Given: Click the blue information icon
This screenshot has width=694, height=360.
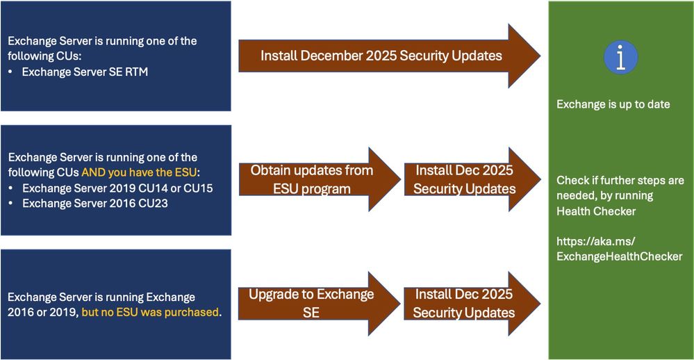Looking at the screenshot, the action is [x=620, y=57].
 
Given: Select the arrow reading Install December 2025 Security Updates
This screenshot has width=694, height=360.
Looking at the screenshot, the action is [x=390, y=56].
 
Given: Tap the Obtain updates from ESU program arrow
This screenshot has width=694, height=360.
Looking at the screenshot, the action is [x=320, y=179].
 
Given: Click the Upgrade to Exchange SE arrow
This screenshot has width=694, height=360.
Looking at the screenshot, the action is [x=320, y=303].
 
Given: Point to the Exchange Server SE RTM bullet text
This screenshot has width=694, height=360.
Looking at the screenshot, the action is [x=85, y=72].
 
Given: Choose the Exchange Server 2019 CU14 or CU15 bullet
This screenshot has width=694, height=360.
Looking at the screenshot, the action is [x=117, y=188].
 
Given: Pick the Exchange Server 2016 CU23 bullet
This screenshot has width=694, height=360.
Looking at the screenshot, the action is [x=95, y=203].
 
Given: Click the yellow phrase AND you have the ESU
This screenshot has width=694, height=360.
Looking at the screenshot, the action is [x=139, y=172].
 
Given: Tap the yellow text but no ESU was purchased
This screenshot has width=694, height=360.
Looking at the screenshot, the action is [x=151, y=312].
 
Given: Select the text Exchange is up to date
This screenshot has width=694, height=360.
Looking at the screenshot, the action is [x=613, y=104].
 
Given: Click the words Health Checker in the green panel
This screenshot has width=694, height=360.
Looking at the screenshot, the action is [x=596, y=211].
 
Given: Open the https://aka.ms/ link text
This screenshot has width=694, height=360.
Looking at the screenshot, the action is [x=596, y=241].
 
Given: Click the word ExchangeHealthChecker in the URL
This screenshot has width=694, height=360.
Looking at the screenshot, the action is [x=619, y=256].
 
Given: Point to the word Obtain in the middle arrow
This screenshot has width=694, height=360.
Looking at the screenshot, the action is [x=267, y=170].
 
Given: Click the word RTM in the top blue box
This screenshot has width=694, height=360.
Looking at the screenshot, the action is [x=136, y=72].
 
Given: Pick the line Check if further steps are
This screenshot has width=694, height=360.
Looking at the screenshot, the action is [x=620, y=181].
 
